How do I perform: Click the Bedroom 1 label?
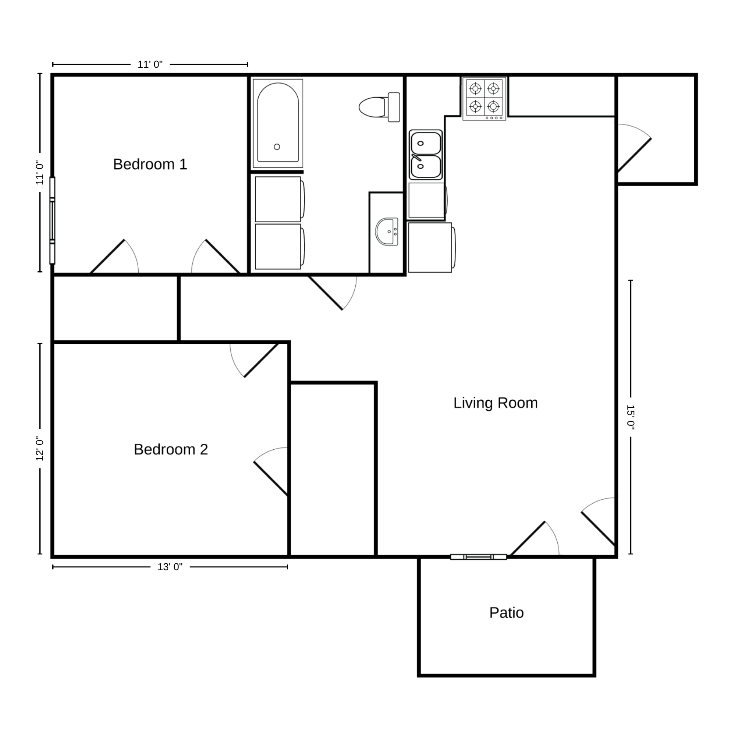point(150,164)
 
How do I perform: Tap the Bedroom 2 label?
point(171,449)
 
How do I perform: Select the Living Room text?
point(496,403)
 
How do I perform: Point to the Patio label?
point(507,612)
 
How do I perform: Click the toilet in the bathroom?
point(380,107)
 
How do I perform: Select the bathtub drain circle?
point(277,147)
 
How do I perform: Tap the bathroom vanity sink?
point(387,232)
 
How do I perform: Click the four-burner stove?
point(485,99)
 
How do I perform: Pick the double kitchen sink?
point(425,155)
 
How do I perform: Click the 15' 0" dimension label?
point(631,417)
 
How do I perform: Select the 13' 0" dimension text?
point(170,567)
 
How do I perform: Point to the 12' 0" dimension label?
point(40,449)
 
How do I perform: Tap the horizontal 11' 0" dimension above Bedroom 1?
point(150,64)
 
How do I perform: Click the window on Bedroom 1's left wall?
point(52,221)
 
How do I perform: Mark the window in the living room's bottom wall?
point(479,557)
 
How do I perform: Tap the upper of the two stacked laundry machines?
point(279,199)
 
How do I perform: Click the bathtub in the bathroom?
point(278,123)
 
